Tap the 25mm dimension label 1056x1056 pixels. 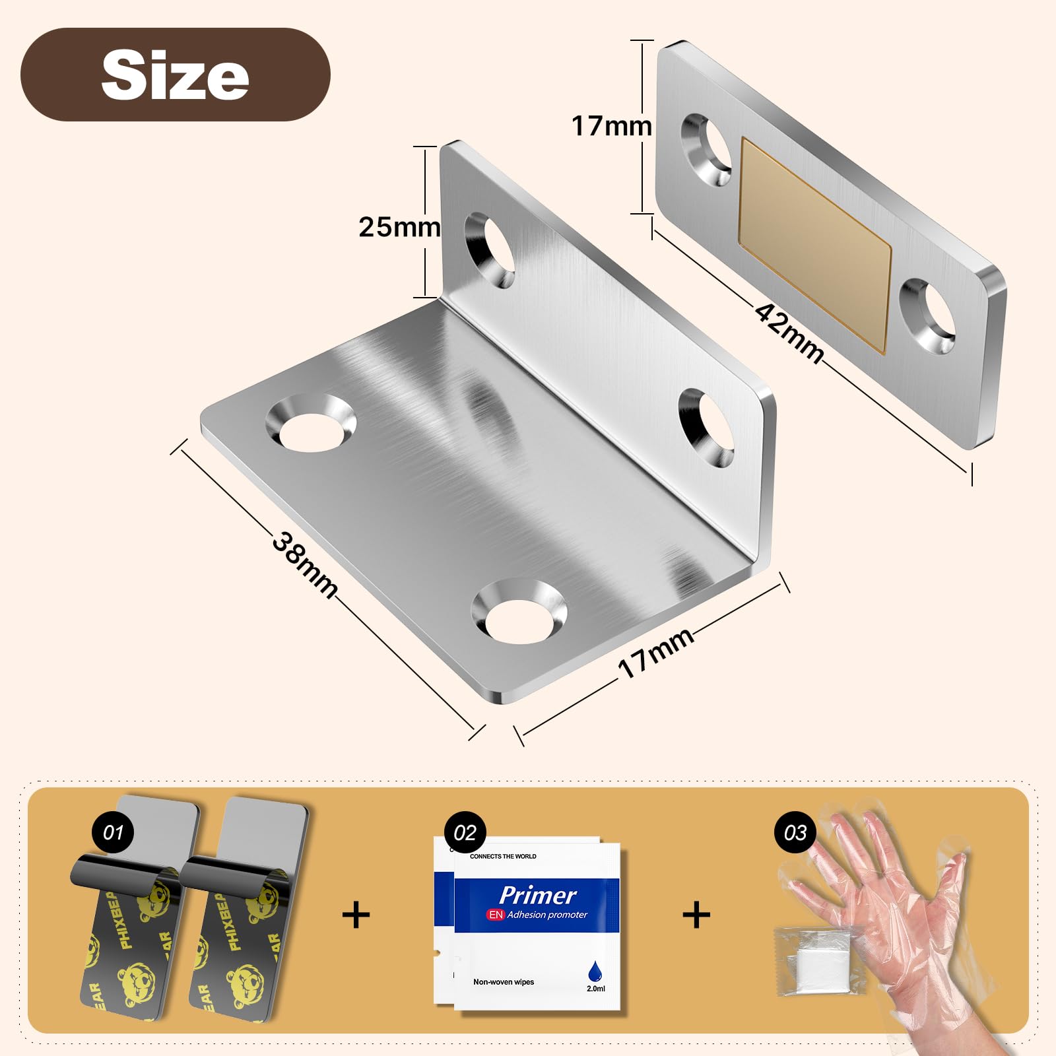coord(399,227)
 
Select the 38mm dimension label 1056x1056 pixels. coord(305,565)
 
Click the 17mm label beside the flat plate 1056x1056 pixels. coord(611,126)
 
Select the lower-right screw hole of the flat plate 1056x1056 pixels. coord(929,315)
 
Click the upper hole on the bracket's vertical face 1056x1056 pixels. coord(490,250)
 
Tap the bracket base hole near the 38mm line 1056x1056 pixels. coord(310,424)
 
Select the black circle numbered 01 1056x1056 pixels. coord(113,832)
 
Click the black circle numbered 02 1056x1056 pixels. coord(465,832)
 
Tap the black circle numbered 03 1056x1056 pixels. coord(795,832)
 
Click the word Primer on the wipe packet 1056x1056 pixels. coord(537,895)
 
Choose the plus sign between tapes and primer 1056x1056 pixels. coord(356,915)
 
